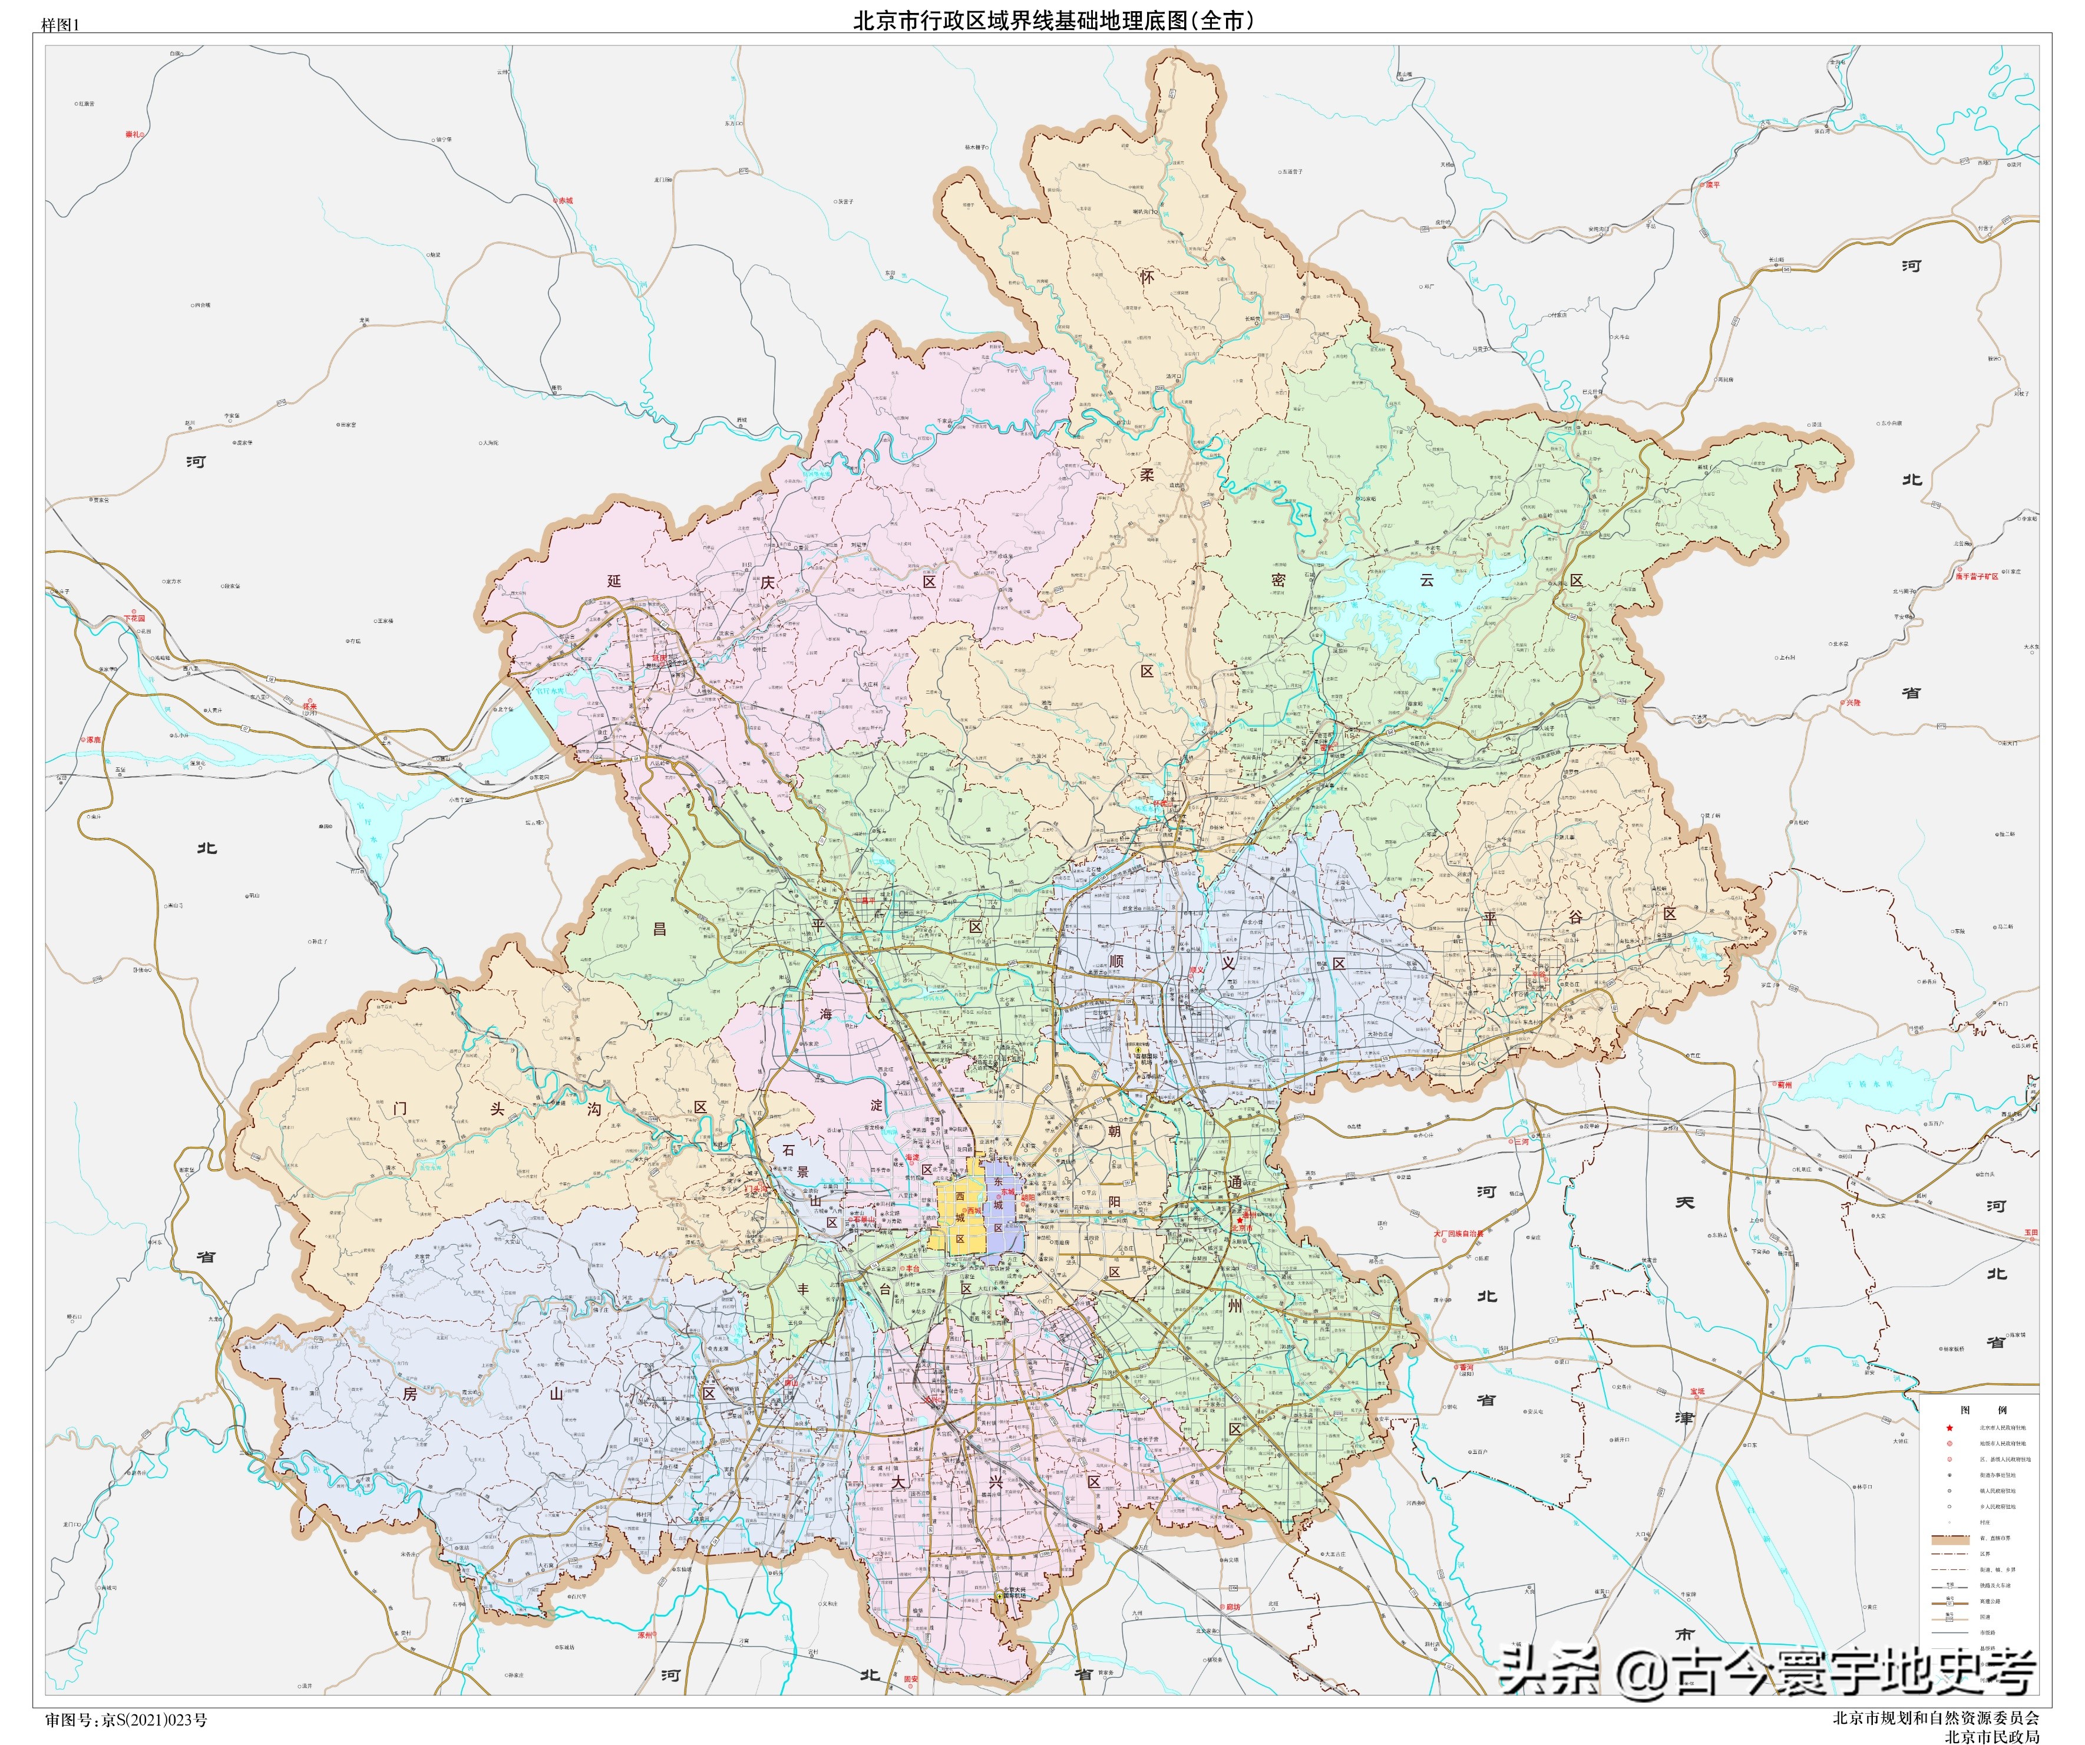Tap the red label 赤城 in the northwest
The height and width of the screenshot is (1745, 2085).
pos(565,200)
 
